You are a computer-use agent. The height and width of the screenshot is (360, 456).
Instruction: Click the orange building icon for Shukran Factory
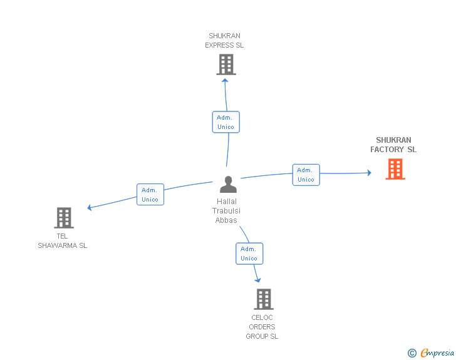(x=395, y=169)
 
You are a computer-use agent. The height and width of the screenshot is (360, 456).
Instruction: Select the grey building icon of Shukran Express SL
(x=226, y=64)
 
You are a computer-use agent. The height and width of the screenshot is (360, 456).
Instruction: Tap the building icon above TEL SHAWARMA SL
(x=64, y=218)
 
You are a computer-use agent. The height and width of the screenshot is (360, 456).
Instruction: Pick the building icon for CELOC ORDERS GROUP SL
(x=264, y=299)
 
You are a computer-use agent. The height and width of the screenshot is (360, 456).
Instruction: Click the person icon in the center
(x=228, y=184)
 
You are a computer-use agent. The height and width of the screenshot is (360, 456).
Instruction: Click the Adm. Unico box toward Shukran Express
(x=226, y=122)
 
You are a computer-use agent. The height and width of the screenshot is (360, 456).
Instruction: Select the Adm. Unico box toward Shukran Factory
(x=306, y=175)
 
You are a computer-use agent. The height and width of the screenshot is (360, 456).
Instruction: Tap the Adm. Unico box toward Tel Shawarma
(x=150, y=195)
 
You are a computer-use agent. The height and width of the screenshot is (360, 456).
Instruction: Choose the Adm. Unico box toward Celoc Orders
(x=249, y=254)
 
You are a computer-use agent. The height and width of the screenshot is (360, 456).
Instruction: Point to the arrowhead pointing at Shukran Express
(x=225, y=80)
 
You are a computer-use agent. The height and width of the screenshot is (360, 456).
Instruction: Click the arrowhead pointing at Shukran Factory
(x=370, y=173)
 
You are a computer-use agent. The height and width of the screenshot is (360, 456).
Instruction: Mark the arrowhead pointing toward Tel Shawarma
(x=90, y=207)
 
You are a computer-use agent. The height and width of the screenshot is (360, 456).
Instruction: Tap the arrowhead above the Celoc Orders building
(x=257, y=280)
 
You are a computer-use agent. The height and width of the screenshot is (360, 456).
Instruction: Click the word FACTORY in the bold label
(x=387, y=150)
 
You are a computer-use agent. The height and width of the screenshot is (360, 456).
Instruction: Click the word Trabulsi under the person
(x=226, y=211)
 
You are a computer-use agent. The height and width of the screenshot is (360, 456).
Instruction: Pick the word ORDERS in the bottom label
(x=262, y=327)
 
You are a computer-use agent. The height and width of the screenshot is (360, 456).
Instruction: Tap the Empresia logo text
(x=437, y=353)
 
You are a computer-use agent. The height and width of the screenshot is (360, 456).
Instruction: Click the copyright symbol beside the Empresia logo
(x=412, y=353)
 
